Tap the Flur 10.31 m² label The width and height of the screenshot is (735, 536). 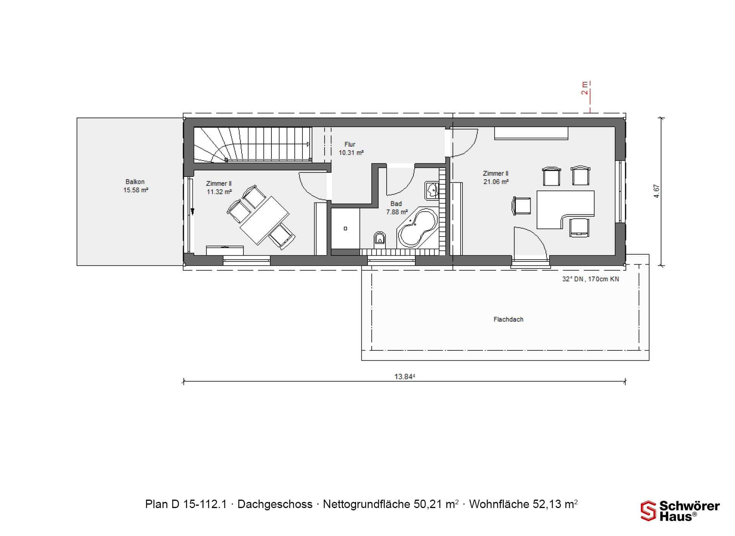[351, 148]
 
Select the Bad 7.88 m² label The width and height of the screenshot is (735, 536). [397, 208]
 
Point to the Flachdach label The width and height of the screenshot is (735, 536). [508, 319]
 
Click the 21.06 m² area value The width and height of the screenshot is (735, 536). [496, 182]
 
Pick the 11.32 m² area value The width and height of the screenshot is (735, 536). [219, 192]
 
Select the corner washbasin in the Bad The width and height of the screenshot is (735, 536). [432, 190]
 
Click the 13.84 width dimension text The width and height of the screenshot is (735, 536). [405, 376]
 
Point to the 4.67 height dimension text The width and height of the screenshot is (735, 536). [657, 191]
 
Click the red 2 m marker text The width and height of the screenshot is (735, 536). [585, 88]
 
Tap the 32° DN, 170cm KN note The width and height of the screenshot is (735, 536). [590, 279]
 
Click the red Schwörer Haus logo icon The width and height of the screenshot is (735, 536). [648, 511]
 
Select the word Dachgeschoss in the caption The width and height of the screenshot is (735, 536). [275, 505]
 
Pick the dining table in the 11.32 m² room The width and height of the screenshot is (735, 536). [264, 221]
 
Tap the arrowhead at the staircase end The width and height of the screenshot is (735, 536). [308, 144]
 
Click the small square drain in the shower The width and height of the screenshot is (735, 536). [345, 229]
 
